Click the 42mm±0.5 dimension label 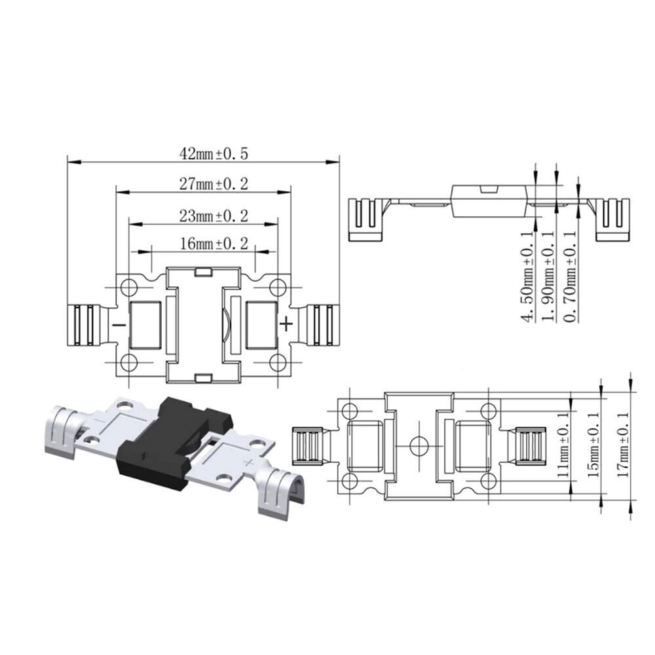(206, 154)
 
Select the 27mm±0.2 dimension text (206, 184)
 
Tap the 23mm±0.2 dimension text (205, 215)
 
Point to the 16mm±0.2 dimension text (205, 244)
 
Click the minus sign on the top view (119, 325)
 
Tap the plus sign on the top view (286, 324)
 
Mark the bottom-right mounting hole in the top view (278, 362)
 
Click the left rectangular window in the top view (147, 324)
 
